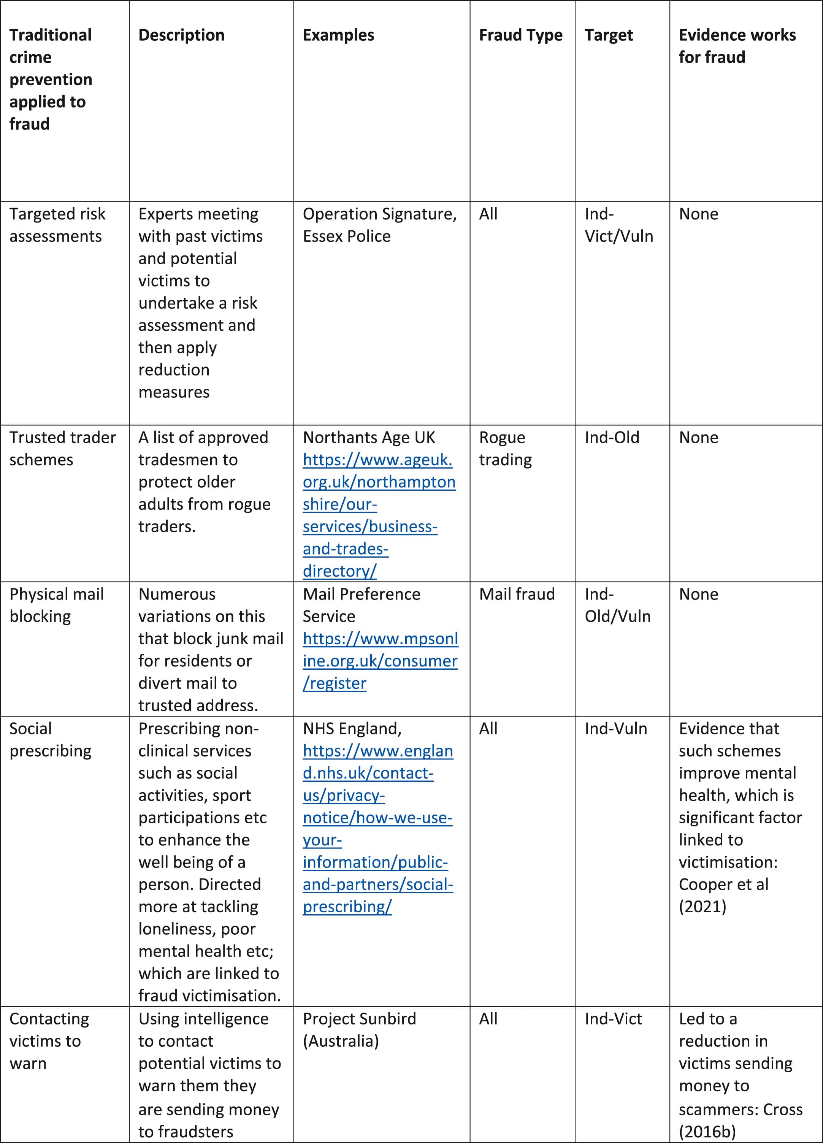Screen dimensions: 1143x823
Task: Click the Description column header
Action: coord(181,35)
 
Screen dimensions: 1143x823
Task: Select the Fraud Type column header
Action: coord(521,35)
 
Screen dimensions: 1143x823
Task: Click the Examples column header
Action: coord(338,35)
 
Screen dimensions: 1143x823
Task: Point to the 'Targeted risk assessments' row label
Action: coord(57,225)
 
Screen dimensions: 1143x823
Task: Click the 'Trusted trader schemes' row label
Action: coord(62,448)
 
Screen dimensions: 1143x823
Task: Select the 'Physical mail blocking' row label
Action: coord(56,605)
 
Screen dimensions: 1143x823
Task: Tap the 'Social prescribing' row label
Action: coord(51,739)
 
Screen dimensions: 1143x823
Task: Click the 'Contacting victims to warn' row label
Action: coord(49,1041)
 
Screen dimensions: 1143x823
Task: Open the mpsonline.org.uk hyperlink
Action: coord(380,661)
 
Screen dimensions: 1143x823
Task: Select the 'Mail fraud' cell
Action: coord(517,594)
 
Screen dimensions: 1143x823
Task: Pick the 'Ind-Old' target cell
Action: coord(612,438)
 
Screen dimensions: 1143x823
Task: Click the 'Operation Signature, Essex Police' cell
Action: coord(379,225)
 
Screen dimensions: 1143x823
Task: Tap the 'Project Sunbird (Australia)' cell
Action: coord(359,1030)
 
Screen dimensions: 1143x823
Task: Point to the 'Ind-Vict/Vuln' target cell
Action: coord(618,225)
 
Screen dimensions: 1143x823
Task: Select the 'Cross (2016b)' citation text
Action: coord(741,1120)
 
